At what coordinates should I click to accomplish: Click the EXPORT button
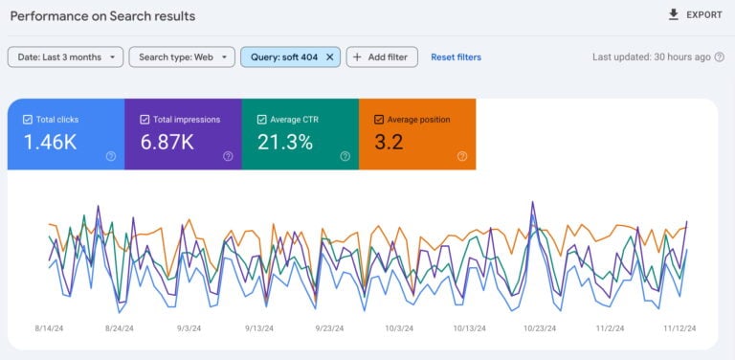click(x=694, y=15)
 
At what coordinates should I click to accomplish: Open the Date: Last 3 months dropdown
click(x=65, y=57)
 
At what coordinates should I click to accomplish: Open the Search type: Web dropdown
click(x=182, y=57)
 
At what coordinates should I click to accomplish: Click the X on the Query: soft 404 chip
click(x=330, y=57)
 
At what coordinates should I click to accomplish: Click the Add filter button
click(x=381, y=57)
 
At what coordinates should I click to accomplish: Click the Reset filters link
click(x=456, y=57)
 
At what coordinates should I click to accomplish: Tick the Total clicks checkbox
click(x=27, y=120)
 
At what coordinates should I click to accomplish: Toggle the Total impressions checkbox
click(x=145, y=120)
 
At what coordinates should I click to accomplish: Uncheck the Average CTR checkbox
click(x=262, y=120)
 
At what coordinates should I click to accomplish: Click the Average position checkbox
click(x=379, y=120)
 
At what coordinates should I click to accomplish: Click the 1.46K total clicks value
click(x=51, y=143)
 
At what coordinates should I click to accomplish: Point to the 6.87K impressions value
click(x=168, y=143)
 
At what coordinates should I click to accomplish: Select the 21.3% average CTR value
click(x=285, y=143)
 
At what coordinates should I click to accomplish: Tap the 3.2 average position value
click(x=389, y=143)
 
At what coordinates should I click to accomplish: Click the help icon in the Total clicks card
click(x=111, y=156)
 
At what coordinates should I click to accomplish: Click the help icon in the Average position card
click(x=462, y=156)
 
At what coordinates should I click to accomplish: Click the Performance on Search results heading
click(x=102, y=16)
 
